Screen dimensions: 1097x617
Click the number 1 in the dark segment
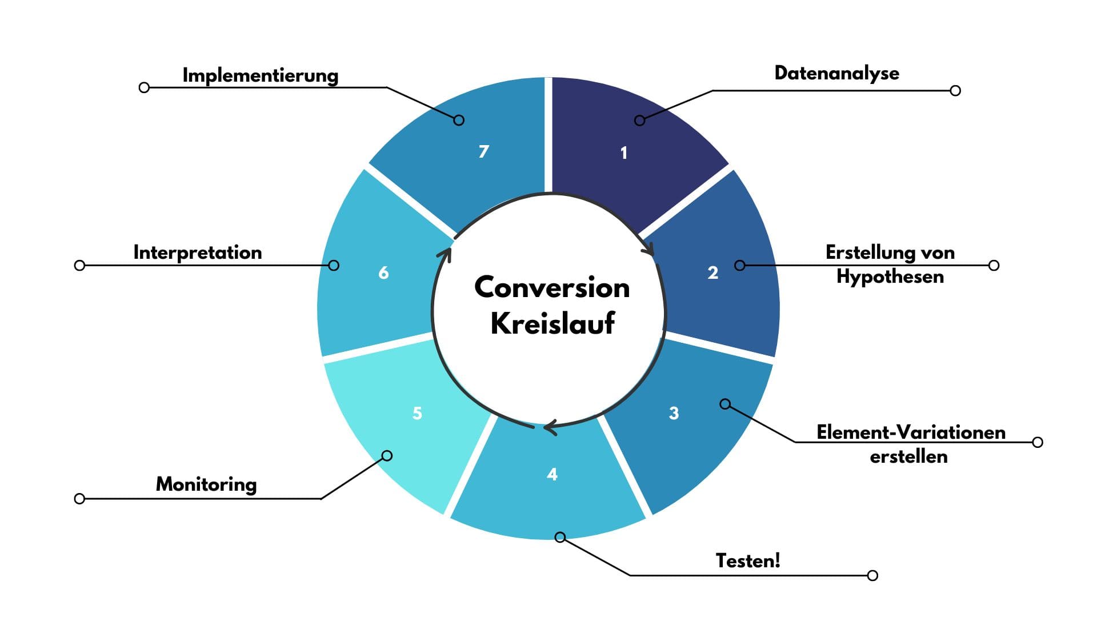point(624,153)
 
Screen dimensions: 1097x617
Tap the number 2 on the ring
point(712,273)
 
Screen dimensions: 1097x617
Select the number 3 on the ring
point(674,413)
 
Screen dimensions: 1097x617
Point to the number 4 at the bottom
point(552,474)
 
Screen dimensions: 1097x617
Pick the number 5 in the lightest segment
point(417,413)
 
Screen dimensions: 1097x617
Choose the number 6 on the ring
point(383,273)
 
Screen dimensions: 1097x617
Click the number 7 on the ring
point(483,151)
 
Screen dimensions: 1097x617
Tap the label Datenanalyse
point(836,73)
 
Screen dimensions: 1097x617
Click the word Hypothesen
point(890,277)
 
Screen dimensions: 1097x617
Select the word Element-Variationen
point(911,432)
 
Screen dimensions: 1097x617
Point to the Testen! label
point(748,560)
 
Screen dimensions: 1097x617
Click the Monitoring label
point(206,484)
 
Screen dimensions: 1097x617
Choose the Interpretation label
point(198,253)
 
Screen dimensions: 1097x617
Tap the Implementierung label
point(261,75)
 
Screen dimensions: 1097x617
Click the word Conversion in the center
point(552,287)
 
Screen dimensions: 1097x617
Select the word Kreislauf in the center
point(552,323)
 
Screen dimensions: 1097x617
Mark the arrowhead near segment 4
point(550,427)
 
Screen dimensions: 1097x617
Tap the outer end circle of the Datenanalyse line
point(955,90)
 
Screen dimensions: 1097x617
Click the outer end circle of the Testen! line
point(872,575)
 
